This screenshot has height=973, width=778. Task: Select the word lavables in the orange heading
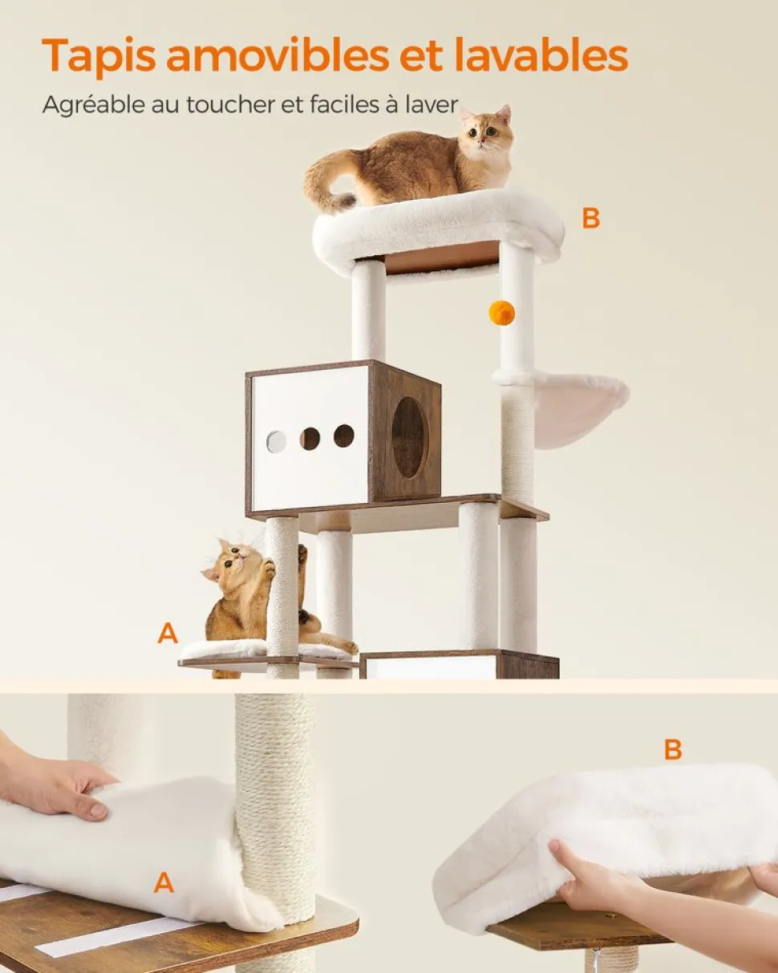541,55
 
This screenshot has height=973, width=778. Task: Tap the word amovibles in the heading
278,55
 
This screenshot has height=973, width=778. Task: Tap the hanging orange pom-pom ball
501,312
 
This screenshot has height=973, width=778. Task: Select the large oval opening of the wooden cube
411,437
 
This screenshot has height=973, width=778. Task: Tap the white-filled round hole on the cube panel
276,442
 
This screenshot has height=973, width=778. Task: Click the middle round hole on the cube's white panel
310,439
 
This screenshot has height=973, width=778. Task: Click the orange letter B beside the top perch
590,219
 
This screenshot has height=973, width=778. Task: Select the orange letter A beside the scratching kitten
168,633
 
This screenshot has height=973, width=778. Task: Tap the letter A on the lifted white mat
164,882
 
